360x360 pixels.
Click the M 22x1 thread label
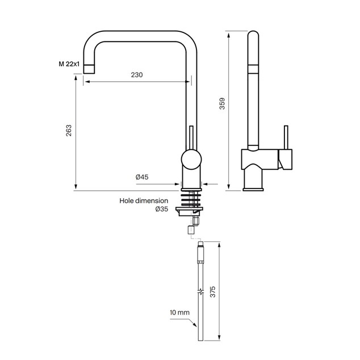69,64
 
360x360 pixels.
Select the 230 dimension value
137,75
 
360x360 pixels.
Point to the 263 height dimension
69,131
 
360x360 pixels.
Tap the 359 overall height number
222,103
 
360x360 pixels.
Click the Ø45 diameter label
142,177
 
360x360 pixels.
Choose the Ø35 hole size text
162,209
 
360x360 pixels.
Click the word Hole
127,200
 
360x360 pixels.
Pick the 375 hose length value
213,292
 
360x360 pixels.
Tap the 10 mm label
179,312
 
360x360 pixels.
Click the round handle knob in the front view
191,160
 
